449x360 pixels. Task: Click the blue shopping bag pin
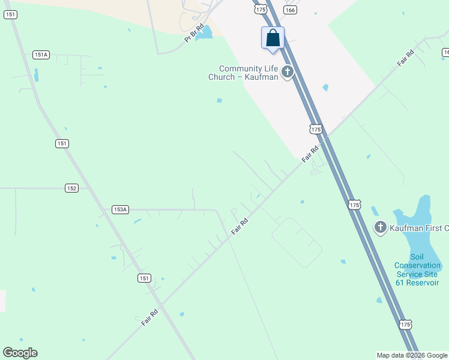(x=273, y=38)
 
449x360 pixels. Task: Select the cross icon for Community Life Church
(x=287, y=73)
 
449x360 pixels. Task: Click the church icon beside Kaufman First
(x=380, y=227)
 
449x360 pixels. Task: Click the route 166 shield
(x=291, y=10)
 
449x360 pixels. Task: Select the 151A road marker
(x=41, y=55)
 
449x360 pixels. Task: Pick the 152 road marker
(x=72, y=188)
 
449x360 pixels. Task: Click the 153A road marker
(x=120, y=209)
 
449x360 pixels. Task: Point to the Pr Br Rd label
(x=194, y=33)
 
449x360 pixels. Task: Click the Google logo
(x=20, y=353)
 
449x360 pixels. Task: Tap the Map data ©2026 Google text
(x=412, y=355)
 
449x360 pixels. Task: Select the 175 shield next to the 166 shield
(x=260, y=9)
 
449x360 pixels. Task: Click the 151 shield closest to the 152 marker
(x=62, y=143)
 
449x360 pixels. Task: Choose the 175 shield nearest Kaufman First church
(x=354, y=205)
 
